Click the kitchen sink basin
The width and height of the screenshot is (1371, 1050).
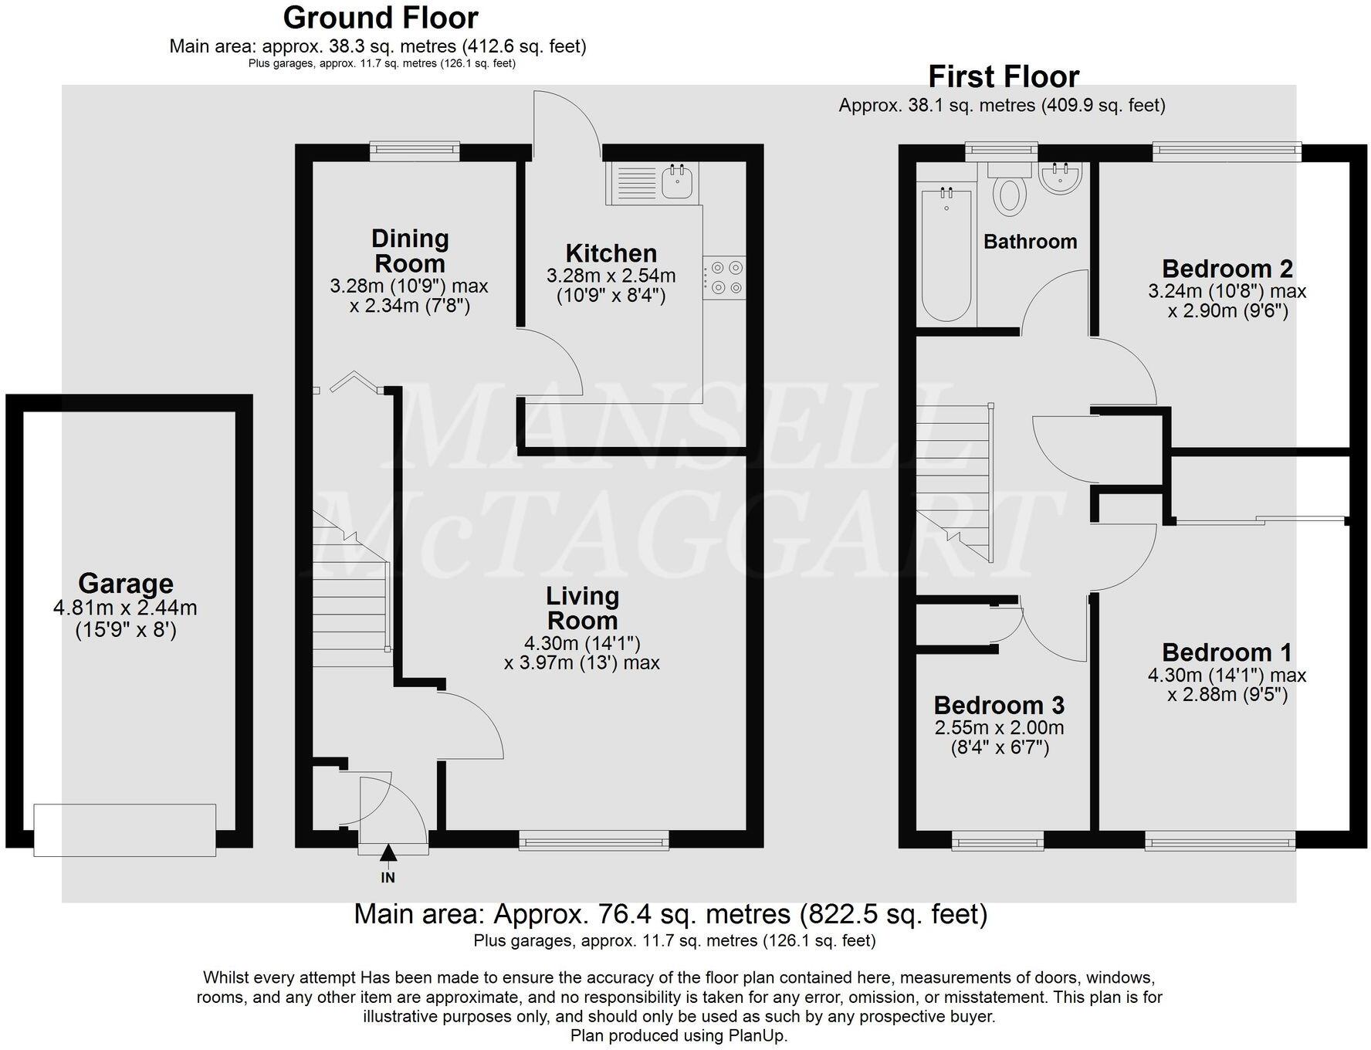point(679,182)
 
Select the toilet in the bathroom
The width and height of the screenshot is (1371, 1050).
point(1009,193)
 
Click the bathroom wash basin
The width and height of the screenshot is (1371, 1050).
point(1060,178)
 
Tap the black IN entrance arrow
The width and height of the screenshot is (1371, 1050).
point(388,853)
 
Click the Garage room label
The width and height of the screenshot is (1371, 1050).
point(126,584)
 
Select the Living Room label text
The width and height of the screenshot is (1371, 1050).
point(582,608)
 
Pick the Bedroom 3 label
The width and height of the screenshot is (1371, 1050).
point(999,705)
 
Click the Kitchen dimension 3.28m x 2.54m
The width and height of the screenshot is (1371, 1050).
point(611,276)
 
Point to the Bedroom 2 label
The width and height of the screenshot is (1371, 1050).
point(1227,269)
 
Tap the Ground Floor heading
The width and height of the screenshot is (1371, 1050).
point(381,17)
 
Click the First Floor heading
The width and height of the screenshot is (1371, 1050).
point(1003,76)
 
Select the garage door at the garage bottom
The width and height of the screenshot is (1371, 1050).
point(124,829)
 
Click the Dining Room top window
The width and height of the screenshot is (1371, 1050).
point(415,151)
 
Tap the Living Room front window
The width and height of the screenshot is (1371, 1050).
point(594,840)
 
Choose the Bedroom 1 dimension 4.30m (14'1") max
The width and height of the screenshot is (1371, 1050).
point(1227,675)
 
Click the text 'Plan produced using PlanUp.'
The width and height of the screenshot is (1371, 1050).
point(679,1035)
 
